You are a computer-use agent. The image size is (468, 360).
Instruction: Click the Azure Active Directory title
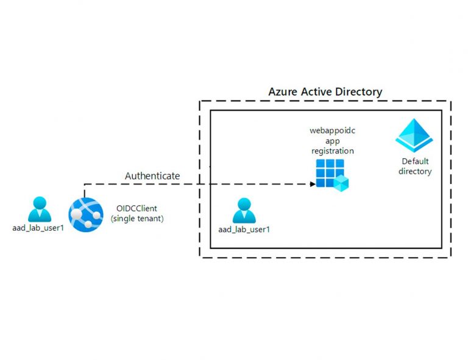point(325,92)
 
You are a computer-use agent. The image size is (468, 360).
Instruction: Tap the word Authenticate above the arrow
point(152,176)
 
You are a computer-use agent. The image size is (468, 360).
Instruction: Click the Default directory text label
point(414,166)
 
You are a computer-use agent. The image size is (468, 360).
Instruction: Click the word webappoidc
point(331,131)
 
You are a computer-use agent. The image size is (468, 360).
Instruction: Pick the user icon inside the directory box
point(244,211)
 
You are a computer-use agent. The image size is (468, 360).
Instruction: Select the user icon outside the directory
point(39,210)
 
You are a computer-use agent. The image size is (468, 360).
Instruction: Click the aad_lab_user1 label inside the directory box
point(244,230)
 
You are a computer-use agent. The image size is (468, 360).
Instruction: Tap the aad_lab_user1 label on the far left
point(38,228)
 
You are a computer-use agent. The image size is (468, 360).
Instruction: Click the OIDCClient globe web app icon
point(85,213)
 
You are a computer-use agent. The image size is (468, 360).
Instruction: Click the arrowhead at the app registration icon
point(312,183)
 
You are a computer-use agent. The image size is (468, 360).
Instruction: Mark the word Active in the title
point(321,92)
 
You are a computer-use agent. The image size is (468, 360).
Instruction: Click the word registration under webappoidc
point(331,150)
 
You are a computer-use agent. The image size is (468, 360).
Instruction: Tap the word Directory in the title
point(360,92)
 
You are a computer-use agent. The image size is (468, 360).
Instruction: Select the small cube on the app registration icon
point(341,182)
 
